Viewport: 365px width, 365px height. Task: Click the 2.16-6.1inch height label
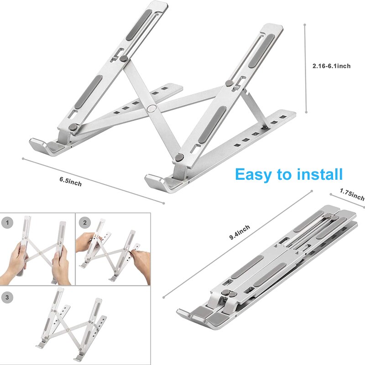coord(331,66)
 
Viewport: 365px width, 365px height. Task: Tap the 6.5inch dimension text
coord(70,181)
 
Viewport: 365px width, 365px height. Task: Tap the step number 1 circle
coord(7,223)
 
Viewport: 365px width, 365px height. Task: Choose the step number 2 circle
coord(83,223)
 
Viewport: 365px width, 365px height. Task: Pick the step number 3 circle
coord(7,297)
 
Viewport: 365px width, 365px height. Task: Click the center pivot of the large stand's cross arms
coord(151,109)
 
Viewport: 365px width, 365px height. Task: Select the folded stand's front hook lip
coord(192,315)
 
